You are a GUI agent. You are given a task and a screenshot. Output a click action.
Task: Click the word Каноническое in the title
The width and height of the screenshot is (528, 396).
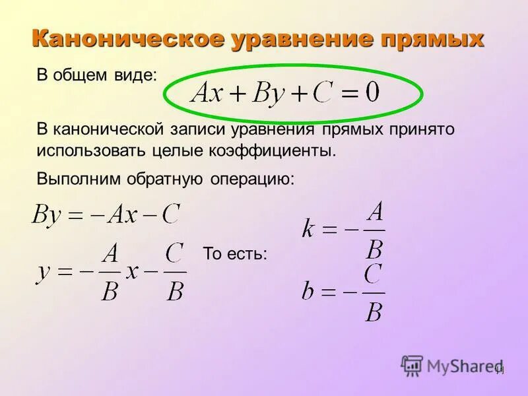point(128,38)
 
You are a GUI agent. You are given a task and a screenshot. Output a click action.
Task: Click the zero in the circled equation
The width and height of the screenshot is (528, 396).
point(372,92)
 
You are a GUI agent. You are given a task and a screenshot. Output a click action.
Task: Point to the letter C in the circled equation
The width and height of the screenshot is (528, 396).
point(321,92)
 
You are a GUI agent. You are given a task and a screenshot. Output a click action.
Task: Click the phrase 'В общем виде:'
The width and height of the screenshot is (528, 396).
point(97,75)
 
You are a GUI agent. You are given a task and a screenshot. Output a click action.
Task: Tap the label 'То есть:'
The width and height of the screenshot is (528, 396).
point(235,254)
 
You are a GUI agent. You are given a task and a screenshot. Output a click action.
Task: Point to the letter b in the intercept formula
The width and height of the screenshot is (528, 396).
point(308,291)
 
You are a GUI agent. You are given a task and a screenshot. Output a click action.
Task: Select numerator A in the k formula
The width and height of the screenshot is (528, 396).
point(375,213)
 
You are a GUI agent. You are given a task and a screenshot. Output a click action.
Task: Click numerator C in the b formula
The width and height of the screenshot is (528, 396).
point(374,274)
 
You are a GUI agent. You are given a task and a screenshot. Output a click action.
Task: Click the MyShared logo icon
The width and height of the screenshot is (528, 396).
point(412,365)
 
